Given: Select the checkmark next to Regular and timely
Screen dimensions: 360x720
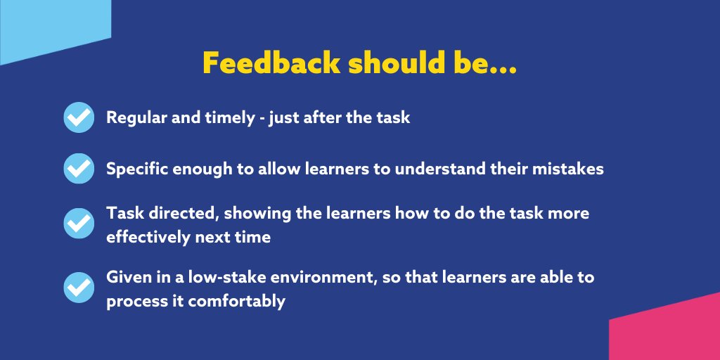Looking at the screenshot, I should click(x=79, y=117).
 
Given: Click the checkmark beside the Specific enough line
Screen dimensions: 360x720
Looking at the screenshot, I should click(x=79, y=169).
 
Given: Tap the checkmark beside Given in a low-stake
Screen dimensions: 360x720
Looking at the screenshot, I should click(x=79, y=287).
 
